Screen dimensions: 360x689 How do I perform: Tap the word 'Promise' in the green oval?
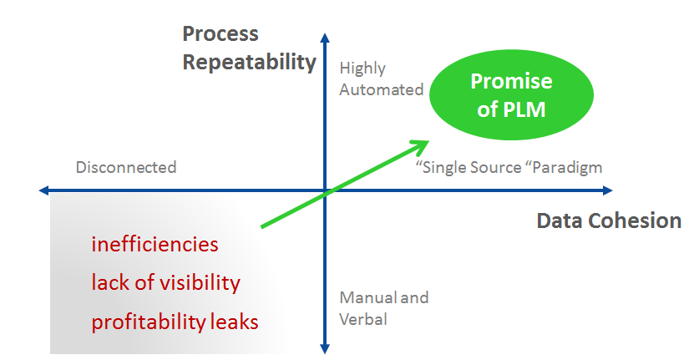511,81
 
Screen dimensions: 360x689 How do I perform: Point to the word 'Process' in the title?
220,34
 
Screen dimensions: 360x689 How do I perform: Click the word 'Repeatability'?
250,63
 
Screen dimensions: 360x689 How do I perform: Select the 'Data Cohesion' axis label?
609,221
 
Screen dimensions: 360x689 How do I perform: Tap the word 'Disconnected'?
126,167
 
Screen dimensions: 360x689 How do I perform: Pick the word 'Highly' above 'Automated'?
362,68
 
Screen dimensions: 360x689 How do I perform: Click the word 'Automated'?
382,89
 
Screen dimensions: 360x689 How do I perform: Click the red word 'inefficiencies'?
155,245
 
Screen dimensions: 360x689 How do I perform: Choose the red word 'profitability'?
147,321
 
